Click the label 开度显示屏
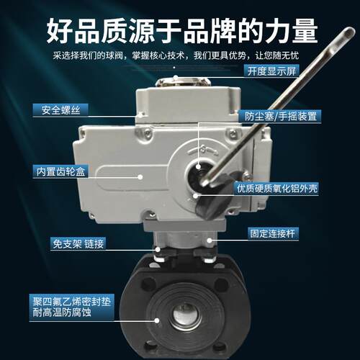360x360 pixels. [271, 71]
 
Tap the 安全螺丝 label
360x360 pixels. [60, 110]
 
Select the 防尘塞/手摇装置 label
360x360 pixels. [280, 117]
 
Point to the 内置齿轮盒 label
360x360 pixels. [60, 171]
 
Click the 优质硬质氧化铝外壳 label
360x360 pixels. [276, 189]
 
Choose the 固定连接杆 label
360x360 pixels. [273, 233]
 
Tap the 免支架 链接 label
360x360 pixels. [78, 244]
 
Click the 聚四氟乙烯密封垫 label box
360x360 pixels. [71, 307]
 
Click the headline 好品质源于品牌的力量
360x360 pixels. [182, 31]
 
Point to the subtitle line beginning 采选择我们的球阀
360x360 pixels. [176, 55]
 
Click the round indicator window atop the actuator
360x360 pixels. [184, 81]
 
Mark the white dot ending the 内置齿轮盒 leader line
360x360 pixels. [140, 177]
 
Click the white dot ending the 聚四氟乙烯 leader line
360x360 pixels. [157, 320]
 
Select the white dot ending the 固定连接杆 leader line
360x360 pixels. [210, 240]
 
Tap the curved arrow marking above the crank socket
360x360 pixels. [203, 150]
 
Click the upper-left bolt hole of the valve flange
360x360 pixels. [148, 284]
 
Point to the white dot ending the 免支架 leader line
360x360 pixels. [158, 249]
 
